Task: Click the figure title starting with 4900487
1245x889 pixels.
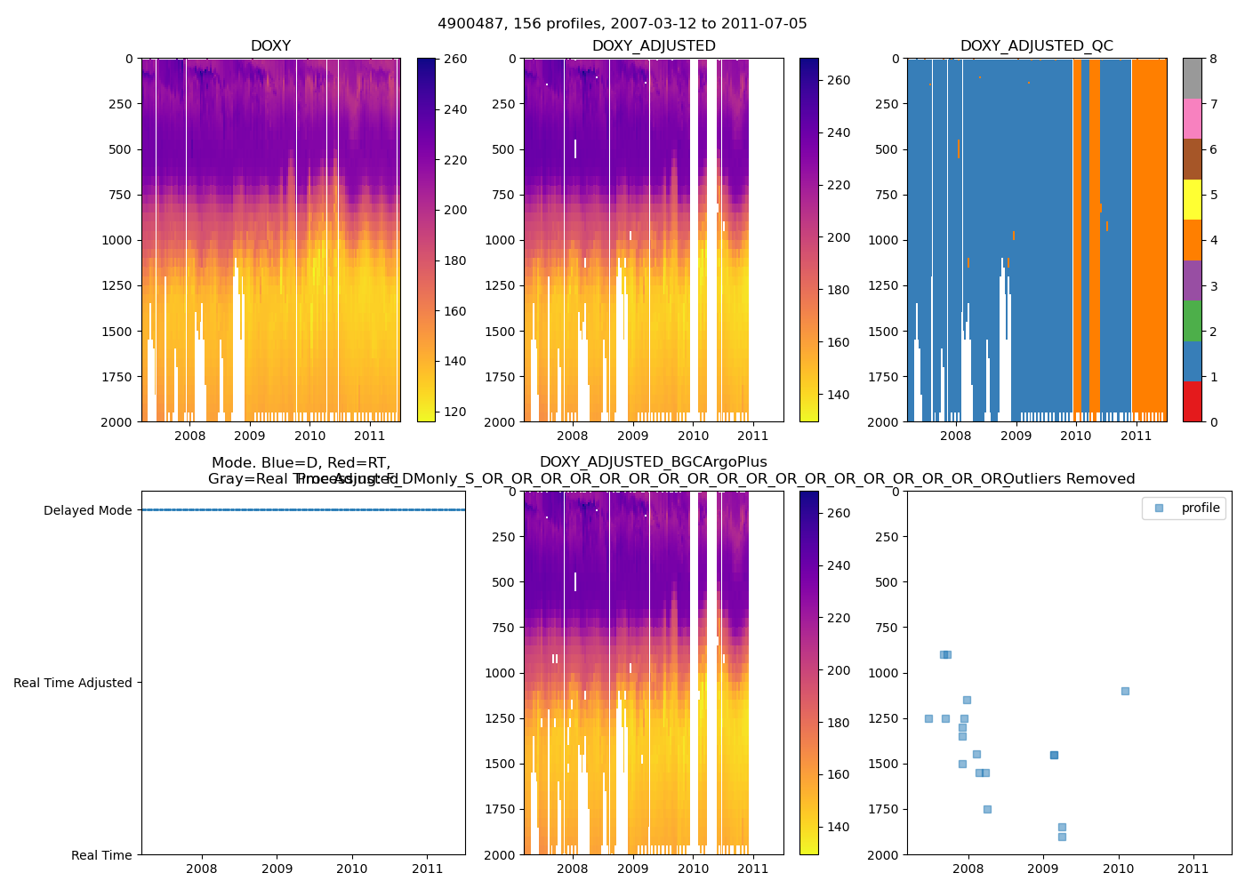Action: click(622, 24)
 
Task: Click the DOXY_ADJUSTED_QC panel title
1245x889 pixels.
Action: click(1036, 46)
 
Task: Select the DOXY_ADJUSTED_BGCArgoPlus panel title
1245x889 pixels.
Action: click(653, 462)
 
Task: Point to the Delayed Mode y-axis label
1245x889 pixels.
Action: click(87, 510)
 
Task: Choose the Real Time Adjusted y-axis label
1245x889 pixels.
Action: click(73, 683)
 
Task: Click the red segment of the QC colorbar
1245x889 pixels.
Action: click(1192, 402)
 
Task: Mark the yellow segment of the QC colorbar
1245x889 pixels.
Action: click(1192, 200)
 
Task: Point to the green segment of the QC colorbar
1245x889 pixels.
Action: click(1192, 321)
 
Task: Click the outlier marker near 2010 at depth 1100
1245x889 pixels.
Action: click(1125, 691)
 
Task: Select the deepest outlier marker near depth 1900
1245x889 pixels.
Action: click(1062, 837)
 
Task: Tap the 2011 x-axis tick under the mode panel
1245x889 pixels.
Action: click(428, 869)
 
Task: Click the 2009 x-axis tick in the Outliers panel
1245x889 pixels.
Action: click(1042, 869)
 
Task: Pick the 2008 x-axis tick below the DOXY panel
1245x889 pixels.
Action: click(189, 436)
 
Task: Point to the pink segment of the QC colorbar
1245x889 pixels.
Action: click(1192, 119)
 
